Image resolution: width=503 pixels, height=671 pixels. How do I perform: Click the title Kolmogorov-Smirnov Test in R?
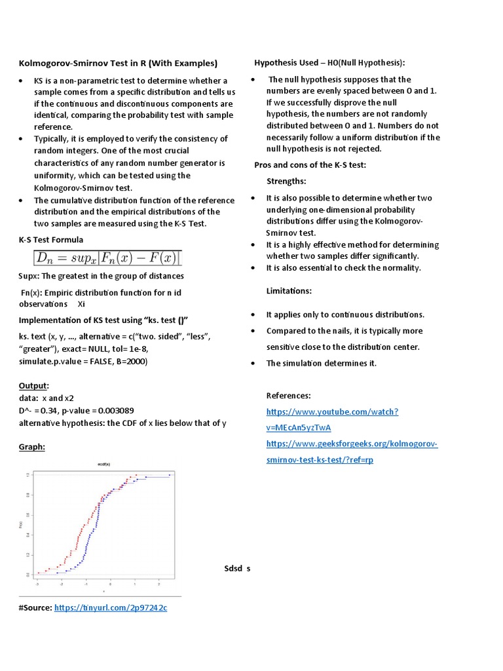click(117, 64)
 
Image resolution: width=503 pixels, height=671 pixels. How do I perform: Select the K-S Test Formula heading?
click(50, 240)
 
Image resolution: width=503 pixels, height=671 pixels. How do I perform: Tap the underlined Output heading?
click(34, 386)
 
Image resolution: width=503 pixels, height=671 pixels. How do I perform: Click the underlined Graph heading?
click(32, 447)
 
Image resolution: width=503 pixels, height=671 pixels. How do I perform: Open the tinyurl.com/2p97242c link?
click(111, 608)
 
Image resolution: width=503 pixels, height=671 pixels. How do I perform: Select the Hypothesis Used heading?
click(329, 63)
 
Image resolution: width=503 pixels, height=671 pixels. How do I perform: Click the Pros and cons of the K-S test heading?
click(310, 165)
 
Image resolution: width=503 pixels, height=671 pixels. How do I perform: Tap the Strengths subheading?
click(286, 181)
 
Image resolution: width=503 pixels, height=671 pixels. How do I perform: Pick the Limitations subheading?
click(289, 290)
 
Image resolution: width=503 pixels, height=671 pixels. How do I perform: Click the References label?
click(288, 396)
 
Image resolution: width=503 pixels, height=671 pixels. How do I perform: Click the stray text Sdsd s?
click(237, 569)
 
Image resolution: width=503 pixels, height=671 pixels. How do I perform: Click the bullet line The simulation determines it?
click(321, 364)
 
